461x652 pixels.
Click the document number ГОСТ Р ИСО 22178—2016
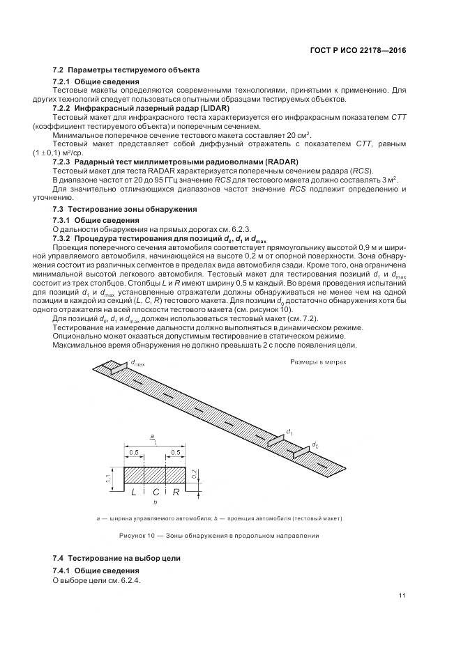358,51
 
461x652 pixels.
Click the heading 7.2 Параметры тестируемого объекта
126,70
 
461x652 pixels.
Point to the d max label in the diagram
137,363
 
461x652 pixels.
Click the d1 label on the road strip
289,433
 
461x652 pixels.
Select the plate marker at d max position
112,366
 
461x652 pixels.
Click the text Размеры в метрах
317,362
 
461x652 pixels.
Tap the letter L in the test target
133,492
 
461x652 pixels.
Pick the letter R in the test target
176,492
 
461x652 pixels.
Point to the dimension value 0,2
203,474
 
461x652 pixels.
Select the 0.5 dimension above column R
177,451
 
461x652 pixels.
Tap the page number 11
402,594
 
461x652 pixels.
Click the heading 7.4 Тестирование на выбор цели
116,558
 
